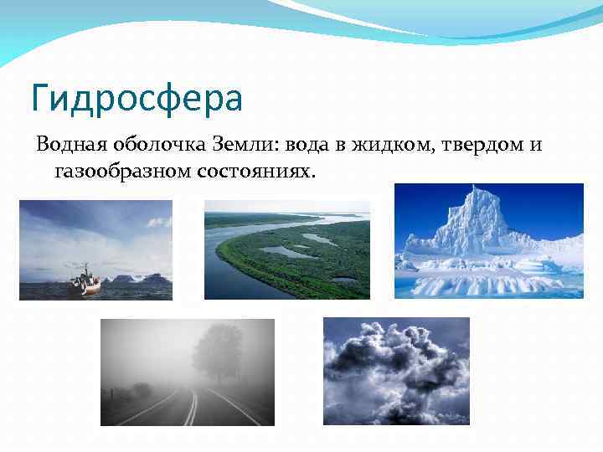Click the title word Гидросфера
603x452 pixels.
pyautogui.click(x=137, y=99)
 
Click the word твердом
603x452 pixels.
pyautogui.click(x=477, y=146)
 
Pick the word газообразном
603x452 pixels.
pyautogui.click(x=121, y=172)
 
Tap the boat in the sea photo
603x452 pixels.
pyautogui.click(x=85, y=281)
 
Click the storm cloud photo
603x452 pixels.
pyautogui.click(x=396, y=371)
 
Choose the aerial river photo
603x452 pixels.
pyautogui.click(x=286, y=249)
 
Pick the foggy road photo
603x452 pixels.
pyautogui.click(x=187, y=372)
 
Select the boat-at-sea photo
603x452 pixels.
pyautogui.click(x=95, y=249)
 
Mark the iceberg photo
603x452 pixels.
pyautogui.click(x=488, y=241)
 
